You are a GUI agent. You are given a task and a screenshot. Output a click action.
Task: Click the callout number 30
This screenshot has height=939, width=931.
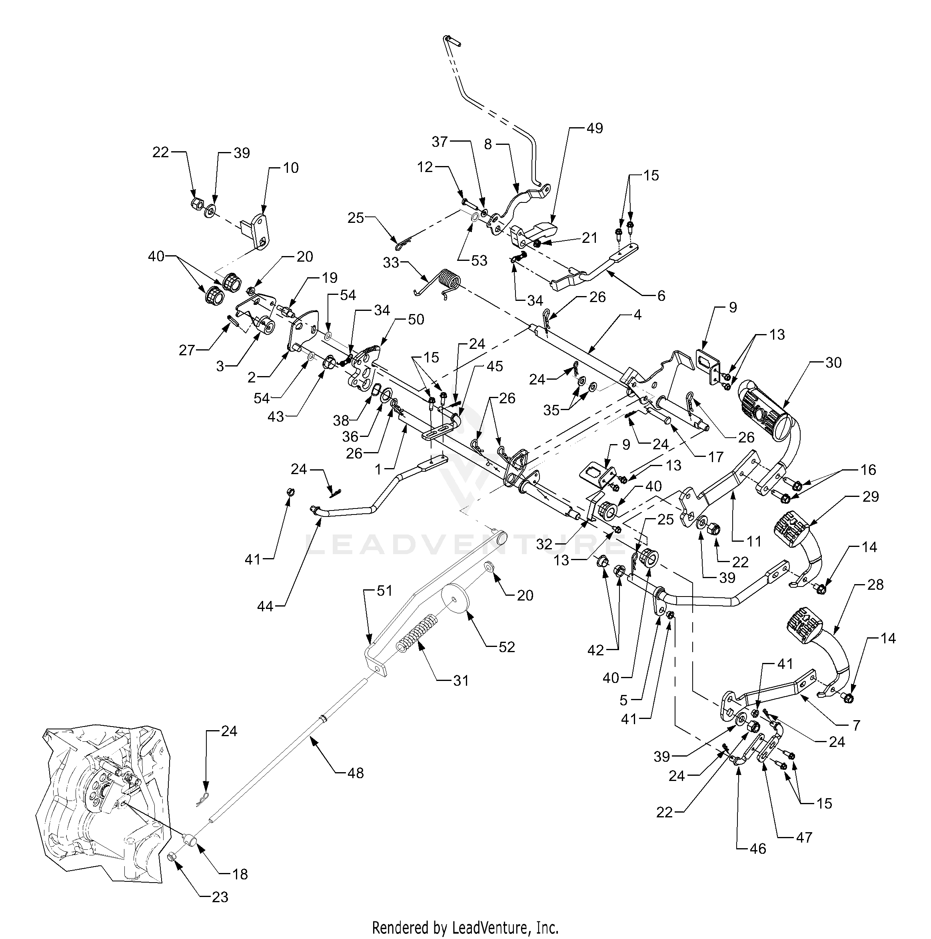[x=833, y=362]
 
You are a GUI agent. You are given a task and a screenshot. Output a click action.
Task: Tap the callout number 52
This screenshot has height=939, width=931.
[x=506, y=647]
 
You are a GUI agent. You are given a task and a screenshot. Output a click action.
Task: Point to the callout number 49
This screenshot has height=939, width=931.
[x=594, y=128]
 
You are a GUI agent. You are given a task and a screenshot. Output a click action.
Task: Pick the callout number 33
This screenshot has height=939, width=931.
[x=391, y=263]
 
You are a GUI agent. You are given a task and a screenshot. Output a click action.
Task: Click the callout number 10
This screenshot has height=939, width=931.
[x=291, y=168]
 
